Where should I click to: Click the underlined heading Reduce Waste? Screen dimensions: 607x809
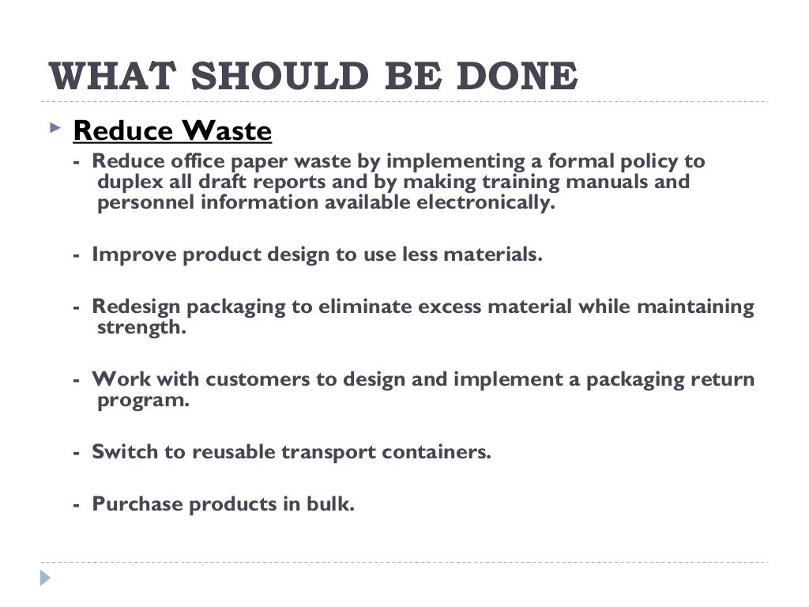coord(172,130)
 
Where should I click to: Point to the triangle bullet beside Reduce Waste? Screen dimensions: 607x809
coord(54,126)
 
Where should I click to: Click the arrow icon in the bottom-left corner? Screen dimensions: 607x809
coord(45,578)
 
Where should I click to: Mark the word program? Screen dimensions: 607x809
coord(143,400)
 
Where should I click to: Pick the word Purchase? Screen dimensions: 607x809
coord(137,504)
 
